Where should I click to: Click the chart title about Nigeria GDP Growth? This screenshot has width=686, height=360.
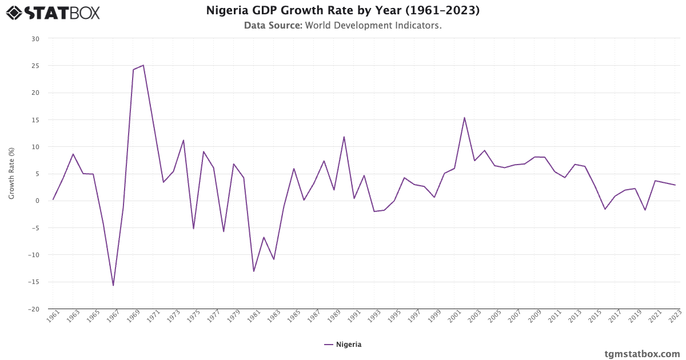click(x=342, y=10)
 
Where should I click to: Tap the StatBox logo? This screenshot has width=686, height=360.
click(x=53, y=13)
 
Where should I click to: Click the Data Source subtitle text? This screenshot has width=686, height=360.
click(x=342, y=25)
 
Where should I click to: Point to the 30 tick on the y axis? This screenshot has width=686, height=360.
click(x=35, y=39)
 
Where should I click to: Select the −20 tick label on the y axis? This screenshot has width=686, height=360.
click(x=34, y=309)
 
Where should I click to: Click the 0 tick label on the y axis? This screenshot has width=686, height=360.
click(x=37, y=201)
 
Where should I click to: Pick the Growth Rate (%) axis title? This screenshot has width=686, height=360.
click(x=11, y=173)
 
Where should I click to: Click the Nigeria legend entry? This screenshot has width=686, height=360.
click(x=343, y=345)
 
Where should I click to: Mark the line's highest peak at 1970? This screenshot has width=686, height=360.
click(x=143, y=65)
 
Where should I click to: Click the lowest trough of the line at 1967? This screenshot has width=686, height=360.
click(x=113, y=285)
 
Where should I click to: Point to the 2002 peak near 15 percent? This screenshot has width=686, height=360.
click(x=464, y=118)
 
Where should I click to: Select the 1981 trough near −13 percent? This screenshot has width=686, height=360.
click(x=253, y=271)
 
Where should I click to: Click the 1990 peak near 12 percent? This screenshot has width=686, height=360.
click(x=344, y=137)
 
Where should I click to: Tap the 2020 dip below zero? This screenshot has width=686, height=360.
click(x=645, y=210)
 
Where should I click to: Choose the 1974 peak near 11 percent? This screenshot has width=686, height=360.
click(x=184, y=140)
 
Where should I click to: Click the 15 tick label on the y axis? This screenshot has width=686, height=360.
click(x=35, y=120)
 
